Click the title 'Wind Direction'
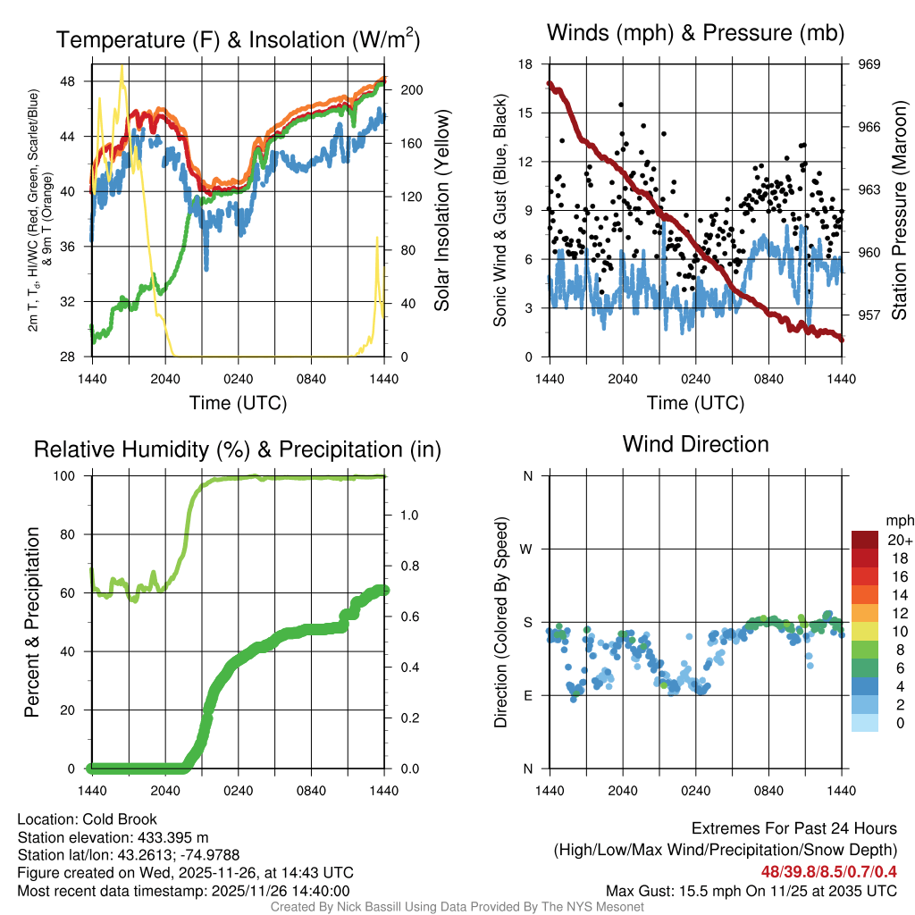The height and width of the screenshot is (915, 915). (695, 444)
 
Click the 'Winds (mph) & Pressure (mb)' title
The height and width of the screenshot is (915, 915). (695, 34)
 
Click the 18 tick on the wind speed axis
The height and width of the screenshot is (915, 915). (526, 64)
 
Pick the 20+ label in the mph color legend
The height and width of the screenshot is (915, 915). (900, 541)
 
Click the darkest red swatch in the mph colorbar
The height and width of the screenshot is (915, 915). (865, 540)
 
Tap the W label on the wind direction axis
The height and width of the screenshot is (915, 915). (527, 550)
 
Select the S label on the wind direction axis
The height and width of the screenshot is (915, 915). (528, 623)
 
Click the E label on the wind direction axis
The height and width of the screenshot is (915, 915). (528, 695)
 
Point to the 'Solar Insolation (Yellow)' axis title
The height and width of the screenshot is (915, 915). (441, 210)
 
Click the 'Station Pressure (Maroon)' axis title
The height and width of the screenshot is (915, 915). (899, 210)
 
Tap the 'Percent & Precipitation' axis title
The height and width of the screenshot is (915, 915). (31, 622)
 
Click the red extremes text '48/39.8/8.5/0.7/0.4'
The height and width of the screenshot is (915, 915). (828, 871)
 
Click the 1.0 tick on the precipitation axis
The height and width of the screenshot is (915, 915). (409, 515)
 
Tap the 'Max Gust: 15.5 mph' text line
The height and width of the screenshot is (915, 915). (751, 891)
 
